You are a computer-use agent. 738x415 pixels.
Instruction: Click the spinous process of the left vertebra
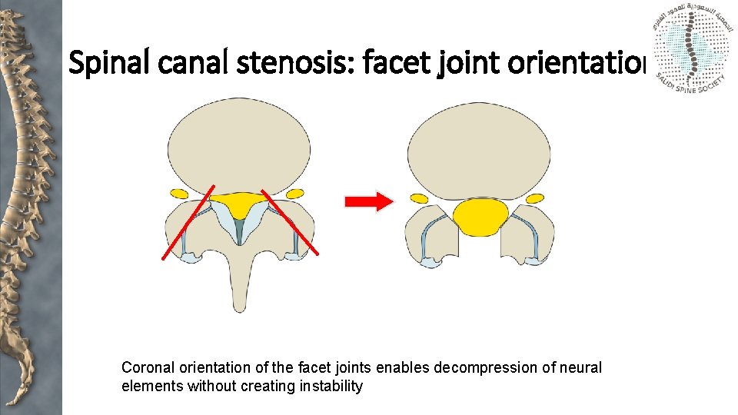[241, 277]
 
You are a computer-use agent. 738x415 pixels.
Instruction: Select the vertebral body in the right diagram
[480, 150]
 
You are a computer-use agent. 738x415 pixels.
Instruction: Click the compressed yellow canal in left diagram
[239, 204]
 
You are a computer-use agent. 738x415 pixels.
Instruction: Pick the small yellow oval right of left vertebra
[294, 193]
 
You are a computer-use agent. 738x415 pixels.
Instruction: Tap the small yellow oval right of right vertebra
[534, 198]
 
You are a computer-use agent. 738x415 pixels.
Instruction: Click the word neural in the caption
[582, 368]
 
